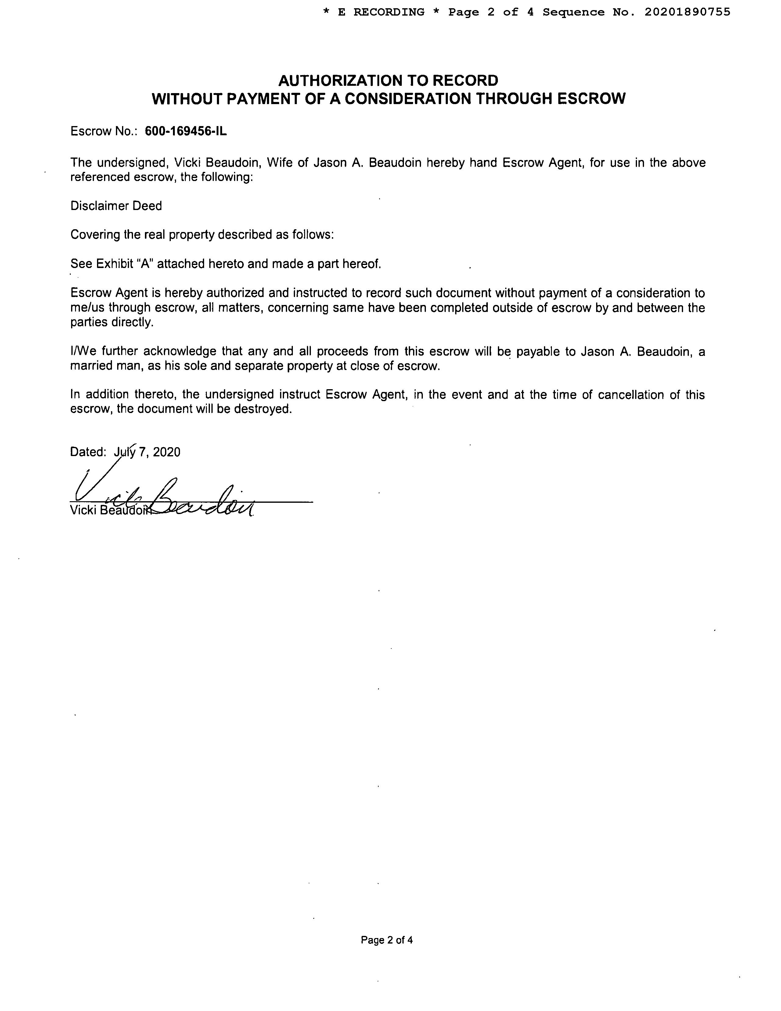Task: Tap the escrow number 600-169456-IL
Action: [186, 132]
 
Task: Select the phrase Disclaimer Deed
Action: [116, 206]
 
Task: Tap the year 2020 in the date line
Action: [167, 452]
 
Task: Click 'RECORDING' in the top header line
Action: [389, 12]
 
